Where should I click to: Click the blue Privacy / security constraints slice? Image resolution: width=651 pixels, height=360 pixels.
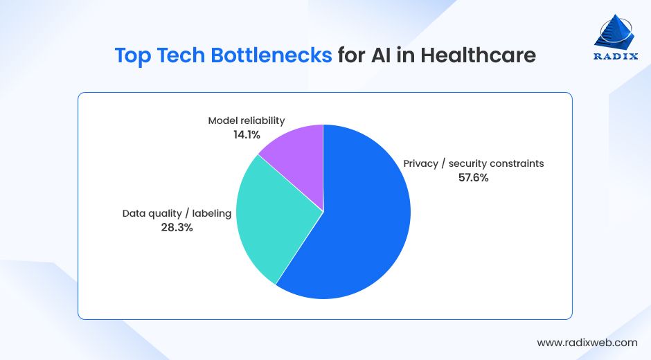pyautogui.click(x=360, y=228)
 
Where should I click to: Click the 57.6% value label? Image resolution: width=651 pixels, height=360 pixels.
pyautogui.click(x=473, y=178)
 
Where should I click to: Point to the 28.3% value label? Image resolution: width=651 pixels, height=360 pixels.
pyautogui.click(x=177, y=227)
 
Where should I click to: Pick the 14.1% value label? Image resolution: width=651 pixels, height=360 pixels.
pyautogui.click(x=247, y=134)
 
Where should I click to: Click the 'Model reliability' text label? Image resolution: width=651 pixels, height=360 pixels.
pyautogui.click(x=247, y=120)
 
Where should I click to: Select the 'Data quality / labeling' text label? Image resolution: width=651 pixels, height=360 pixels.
pyautogui.click(x=177, y=213)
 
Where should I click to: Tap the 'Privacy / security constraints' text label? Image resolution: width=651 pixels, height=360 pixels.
pyautogui.click(x=474, y=163)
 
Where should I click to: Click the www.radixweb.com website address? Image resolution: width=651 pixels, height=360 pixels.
pyautogui.click(x=587, y=342)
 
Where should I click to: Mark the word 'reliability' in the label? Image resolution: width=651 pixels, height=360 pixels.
pyautogui.click(x=262, y=120)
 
